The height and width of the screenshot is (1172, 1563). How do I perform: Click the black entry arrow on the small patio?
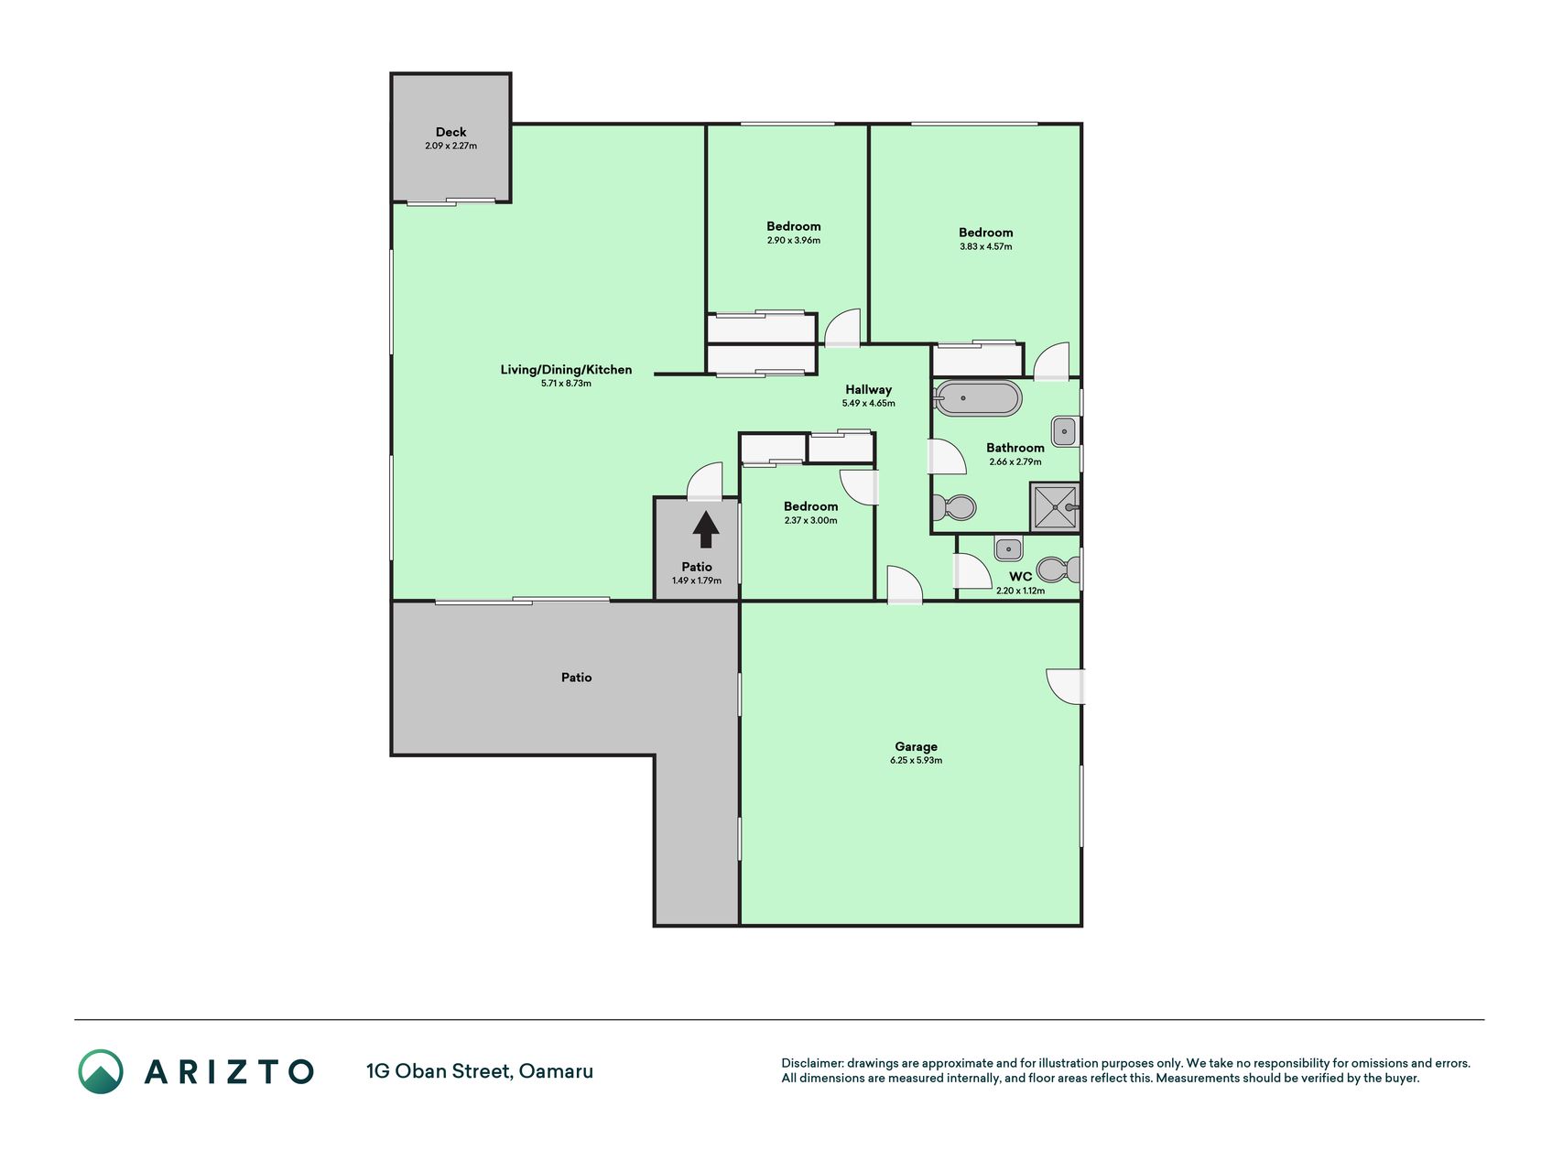tap(705, 529)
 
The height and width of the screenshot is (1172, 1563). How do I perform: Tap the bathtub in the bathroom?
tap(977, 398)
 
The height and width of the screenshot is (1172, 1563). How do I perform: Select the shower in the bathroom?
tap(1056, 507)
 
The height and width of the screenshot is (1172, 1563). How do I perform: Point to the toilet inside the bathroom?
tap(953, 506)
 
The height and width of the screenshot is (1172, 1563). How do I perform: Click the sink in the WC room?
tap(1008, 548)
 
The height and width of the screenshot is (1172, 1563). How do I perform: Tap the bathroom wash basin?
tap(1065, 431)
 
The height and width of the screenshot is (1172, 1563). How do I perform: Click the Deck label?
tap(450, 132)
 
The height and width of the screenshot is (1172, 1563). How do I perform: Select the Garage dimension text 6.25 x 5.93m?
tap(916, 760)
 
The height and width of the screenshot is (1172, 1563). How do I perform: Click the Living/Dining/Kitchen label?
tap(566, 370)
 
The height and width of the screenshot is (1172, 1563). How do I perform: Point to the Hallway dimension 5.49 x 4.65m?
tap(868, 403)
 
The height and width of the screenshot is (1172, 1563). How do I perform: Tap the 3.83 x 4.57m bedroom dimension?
tap(985, 246)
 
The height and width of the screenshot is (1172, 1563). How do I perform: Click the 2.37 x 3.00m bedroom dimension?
tap(810, 520)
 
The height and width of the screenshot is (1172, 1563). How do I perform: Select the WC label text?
tap(1020, 577)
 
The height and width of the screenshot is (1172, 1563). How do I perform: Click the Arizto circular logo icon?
tap(101, 1071)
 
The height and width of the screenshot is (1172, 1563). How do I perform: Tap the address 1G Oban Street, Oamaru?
tap(480, 1071)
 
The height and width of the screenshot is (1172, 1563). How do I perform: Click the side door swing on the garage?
tap(1066, 687)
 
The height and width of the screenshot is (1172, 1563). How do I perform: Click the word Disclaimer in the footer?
tap(811, 1063)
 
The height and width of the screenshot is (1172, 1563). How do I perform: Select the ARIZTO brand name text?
tap(229, 1072)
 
